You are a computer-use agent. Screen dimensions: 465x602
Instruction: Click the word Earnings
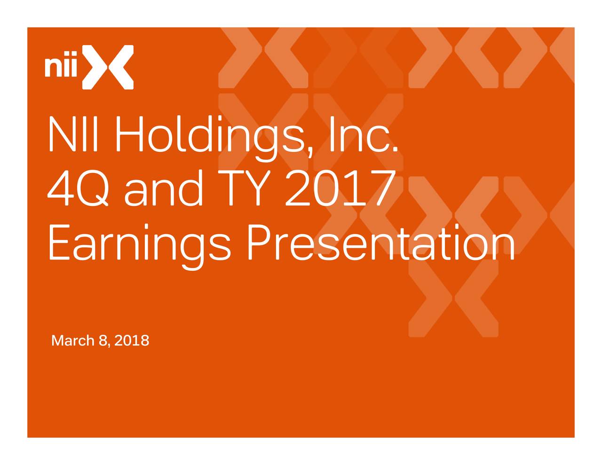tap(140, 244)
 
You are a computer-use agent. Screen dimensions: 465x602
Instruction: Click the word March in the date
tap(73, 340)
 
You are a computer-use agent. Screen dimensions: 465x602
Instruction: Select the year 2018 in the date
tap(132, 340)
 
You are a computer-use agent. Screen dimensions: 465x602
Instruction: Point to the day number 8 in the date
tap(103, 340)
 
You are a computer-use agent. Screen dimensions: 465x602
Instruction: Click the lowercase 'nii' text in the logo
tap(62, 67)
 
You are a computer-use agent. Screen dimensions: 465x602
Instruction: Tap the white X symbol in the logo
tap(108, 67)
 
